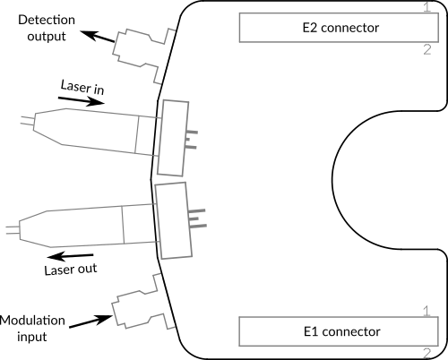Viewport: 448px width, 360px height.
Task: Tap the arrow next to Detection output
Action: pos(98,36)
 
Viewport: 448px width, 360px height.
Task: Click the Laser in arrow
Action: pos(82,100)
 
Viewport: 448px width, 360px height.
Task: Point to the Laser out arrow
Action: pos(71,256)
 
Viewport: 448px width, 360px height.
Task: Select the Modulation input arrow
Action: pos(90,321)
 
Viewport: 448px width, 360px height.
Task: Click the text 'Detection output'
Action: pos(47,28)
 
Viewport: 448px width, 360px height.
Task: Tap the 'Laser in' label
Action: pos(82,87)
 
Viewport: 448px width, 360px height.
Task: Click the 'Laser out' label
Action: pos(71,270)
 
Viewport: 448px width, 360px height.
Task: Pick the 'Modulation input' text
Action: pos(32,329)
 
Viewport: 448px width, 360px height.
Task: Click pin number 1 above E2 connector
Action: pos(427,6)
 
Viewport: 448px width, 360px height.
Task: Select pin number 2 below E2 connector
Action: pos(427,49)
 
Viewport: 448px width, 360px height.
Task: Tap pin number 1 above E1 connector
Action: pos(426,311)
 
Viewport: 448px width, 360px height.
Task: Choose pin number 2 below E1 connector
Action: pos(427,354)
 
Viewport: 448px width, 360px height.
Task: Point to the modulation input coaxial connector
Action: pos(142,302)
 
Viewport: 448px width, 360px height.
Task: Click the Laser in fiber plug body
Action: pos(90,132)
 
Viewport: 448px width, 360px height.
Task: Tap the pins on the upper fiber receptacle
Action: pos(192,140)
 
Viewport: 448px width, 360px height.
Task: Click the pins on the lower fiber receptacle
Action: pos(197,219)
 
